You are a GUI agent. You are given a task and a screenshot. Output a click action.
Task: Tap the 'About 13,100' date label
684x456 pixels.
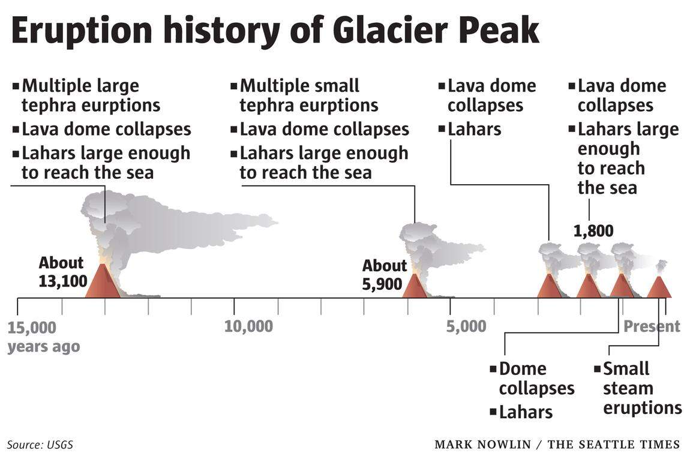coord(63,272)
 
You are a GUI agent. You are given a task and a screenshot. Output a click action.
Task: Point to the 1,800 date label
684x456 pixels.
coord(593,231)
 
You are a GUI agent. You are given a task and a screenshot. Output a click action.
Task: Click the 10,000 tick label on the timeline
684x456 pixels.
coord(248,326)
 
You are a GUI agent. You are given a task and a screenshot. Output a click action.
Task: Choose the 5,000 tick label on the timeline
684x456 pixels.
coord(466,326)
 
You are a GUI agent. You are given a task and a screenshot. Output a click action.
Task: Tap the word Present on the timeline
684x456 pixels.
coord(652,326)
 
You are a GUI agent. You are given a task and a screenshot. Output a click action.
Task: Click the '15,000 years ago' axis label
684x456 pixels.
coord(44,337)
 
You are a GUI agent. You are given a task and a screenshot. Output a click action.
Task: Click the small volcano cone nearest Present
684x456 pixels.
coord(659,287)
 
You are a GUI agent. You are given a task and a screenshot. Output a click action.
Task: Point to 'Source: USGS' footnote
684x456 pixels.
coord(40,445)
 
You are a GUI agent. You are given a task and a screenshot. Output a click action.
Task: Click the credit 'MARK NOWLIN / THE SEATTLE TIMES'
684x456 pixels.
coord(557,445)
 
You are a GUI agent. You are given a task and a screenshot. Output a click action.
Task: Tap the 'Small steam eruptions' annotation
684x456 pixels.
coord(638,388)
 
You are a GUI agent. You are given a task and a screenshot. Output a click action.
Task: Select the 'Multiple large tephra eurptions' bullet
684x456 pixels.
coord(86,95)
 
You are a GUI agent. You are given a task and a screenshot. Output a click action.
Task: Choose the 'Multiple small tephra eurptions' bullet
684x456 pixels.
coord(304,95)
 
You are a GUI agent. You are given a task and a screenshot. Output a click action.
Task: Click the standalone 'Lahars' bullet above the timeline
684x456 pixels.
coord(470,129)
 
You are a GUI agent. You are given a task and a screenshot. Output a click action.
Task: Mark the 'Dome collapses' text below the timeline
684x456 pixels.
coord(532,379)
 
